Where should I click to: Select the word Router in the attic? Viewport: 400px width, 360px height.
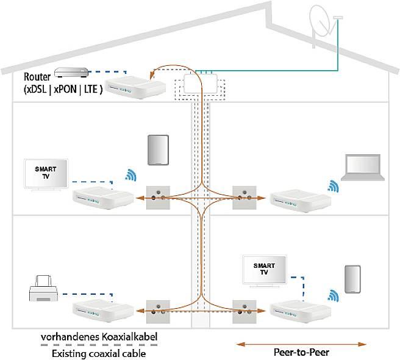[37, 77]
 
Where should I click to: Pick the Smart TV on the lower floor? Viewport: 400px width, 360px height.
[265, 269]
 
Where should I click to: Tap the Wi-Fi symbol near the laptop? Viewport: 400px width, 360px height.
[332, 185]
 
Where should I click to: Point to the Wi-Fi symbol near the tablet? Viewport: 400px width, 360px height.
[130, 176]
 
